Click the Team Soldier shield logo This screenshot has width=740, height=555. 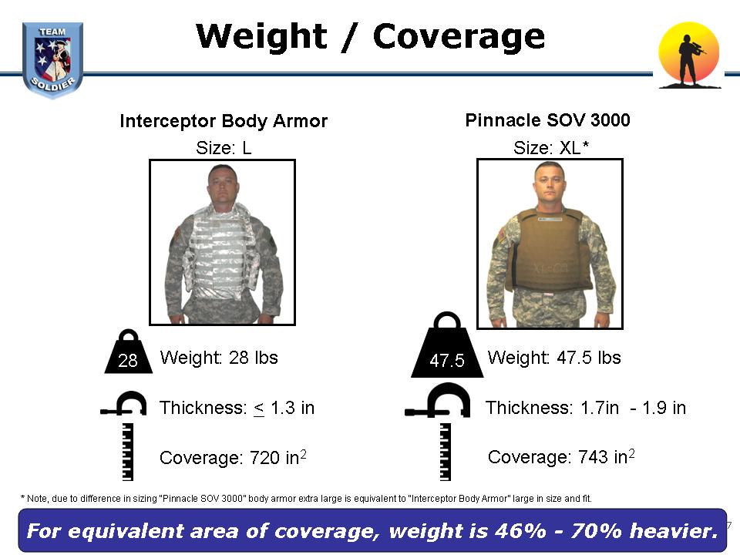(52, 60)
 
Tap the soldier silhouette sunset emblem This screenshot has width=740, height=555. (689, 55)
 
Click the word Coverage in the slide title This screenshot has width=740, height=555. (459, 37)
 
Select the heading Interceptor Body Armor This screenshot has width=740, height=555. (224, 121)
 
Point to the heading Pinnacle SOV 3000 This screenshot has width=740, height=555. (547, 120)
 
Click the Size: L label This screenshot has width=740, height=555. (224, 148)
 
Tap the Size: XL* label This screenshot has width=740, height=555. (550, 148)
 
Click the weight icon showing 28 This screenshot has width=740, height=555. (128, 352)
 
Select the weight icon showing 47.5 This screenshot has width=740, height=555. (447, 345)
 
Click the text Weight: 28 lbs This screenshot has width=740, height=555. (219, 358)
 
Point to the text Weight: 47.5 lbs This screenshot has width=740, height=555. (554, 358)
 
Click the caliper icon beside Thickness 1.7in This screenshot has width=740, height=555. (438, 401)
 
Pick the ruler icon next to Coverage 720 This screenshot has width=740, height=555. (127, 452)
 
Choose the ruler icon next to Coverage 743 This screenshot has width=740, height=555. (445, 452)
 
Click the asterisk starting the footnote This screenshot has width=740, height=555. (22, 497)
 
